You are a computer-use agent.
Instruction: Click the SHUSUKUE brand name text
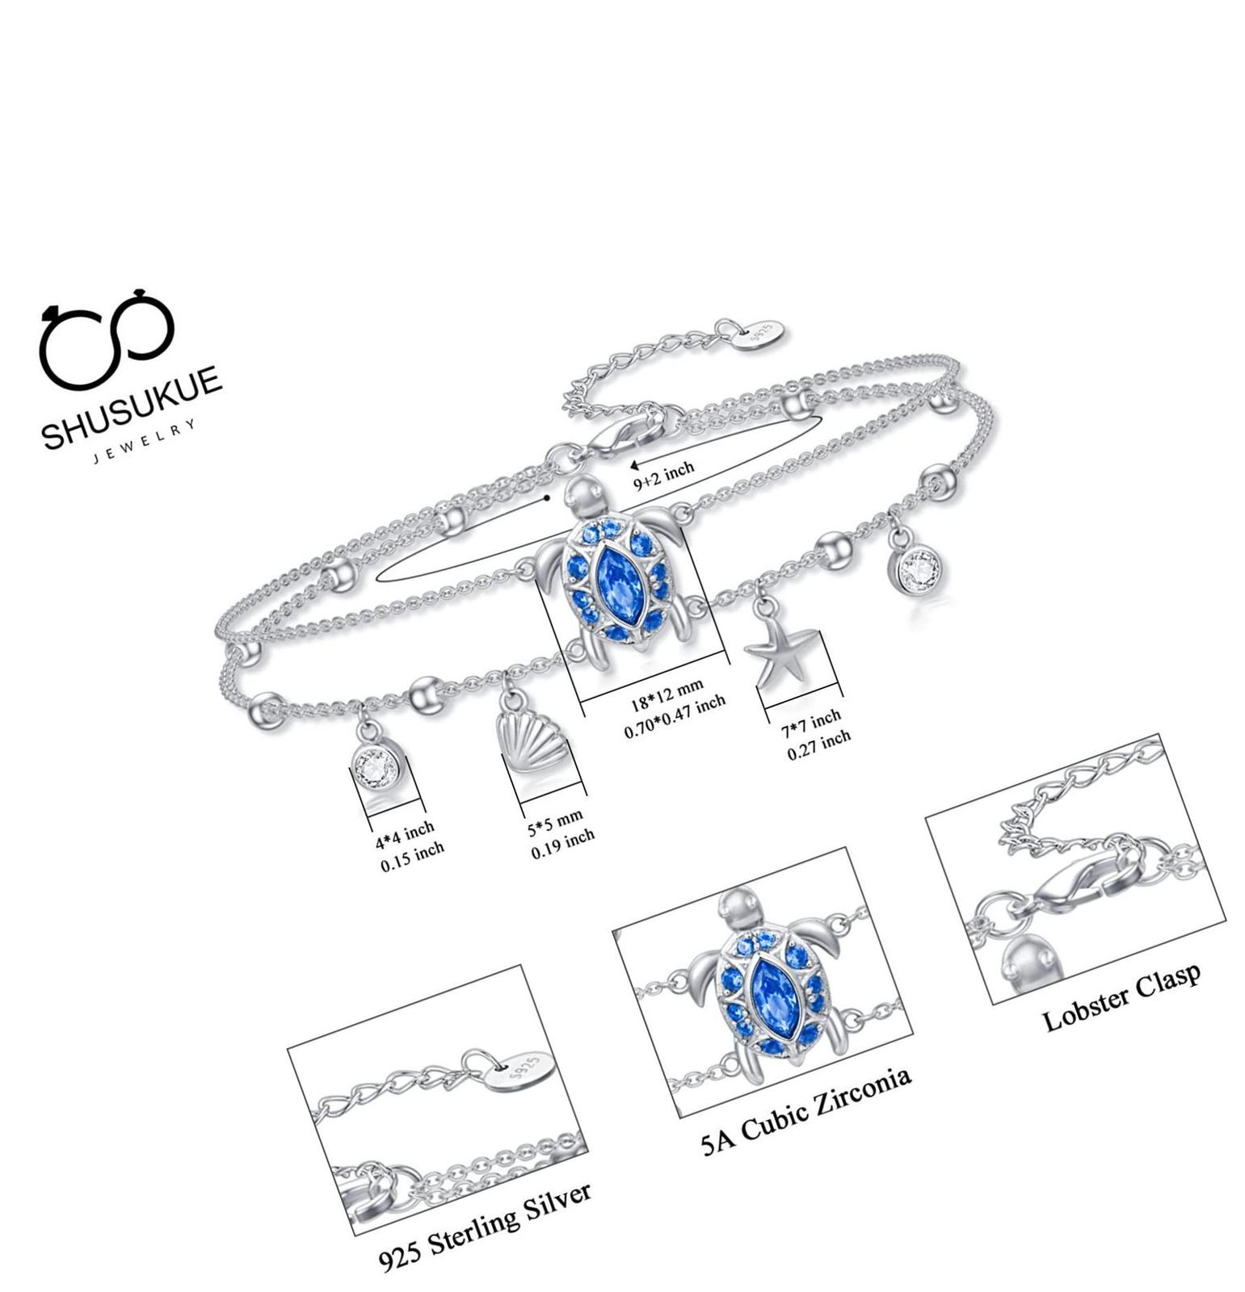pyautogui.click(x=132, y=406)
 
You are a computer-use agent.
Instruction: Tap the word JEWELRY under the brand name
pyautogui.click(x=145, y=442)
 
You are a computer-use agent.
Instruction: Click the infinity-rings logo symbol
pyautogui.click(x=107, y=338)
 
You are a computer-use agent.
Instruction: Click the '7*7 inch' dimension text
pyautogui.click(x=810, y=720)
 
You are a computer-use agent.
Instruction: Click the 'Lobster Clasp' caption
pyautogui.click(x=1121, y=995)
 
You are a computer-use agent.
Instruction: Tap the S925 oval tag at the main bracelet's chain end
pyautogui.click(x=761, y=333)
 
